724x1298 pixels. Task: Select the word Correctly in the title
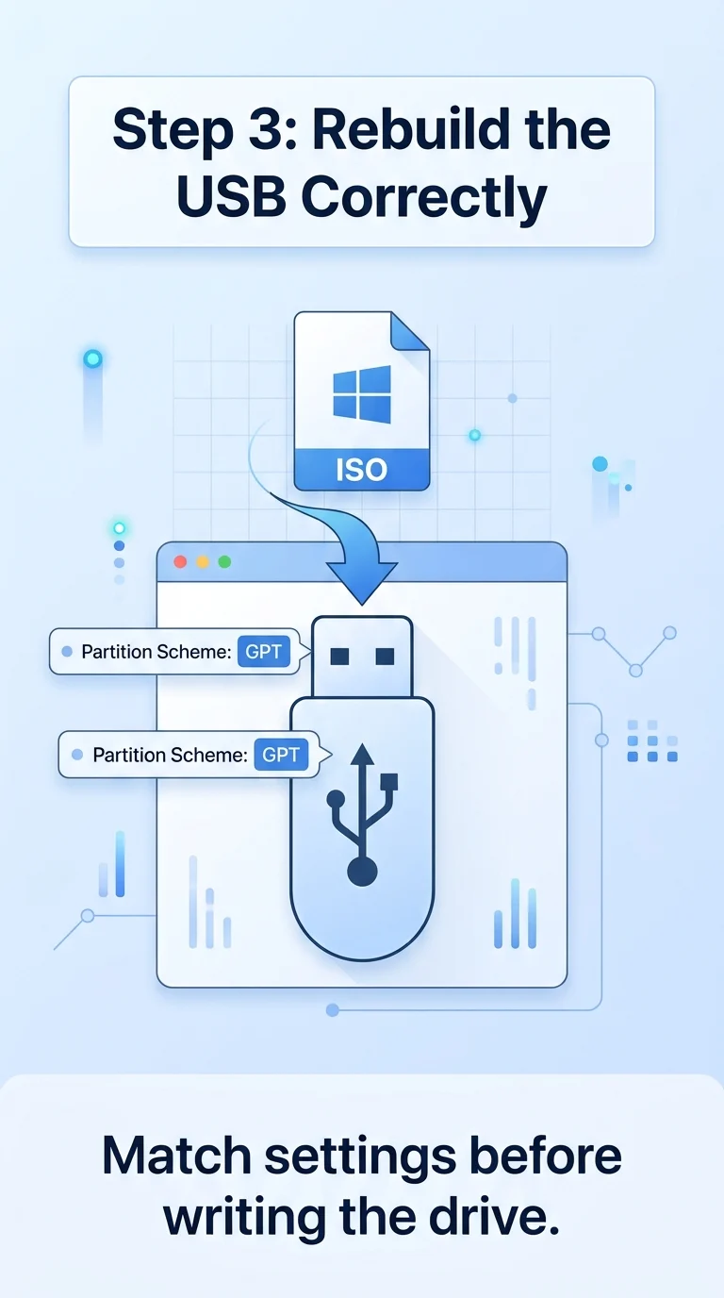pyautogui.click(x=423, y=198)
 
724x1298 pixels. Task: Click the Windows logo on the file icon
pyautogui.click(x=362, y=394)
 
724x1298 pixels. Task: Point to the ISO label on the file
pyautogui.click(x=362, y=470)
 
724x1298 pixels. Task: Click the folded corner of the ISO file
pyautogui.click(x=409, y=331)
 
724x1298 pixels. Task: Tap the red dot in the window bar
pyautogui.click(x=180, y=561)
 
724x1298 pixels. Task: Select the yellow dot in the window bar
pyautogui.click(x=203, y=561)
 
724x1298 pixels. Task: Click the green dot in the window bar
pyautogui.click(x=224, y=561)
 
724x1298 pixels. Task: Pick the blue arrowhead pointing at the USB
pyautogui.click(x=362, y=582)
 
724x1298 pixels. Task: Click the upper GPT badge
pyautogui.click(x=264, y=652)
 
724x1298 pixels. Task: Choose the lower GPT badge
pyautogui.click(x=281, y=755)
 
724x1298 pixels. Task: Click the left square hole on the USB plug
pyautogui.click(x=339, y=656)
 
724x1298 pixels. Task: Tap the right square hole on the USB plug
pyautogui.click(x=386, y=656)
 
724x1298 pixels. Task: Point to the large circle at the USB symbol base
pyautogui.click(x=363, y=871)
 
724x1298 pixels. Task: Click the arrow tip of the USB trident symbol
pyautogui.click(x=363, y=746)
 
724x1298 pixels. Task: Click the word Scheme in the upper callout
pyautogui.click(x=194, y=652)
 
